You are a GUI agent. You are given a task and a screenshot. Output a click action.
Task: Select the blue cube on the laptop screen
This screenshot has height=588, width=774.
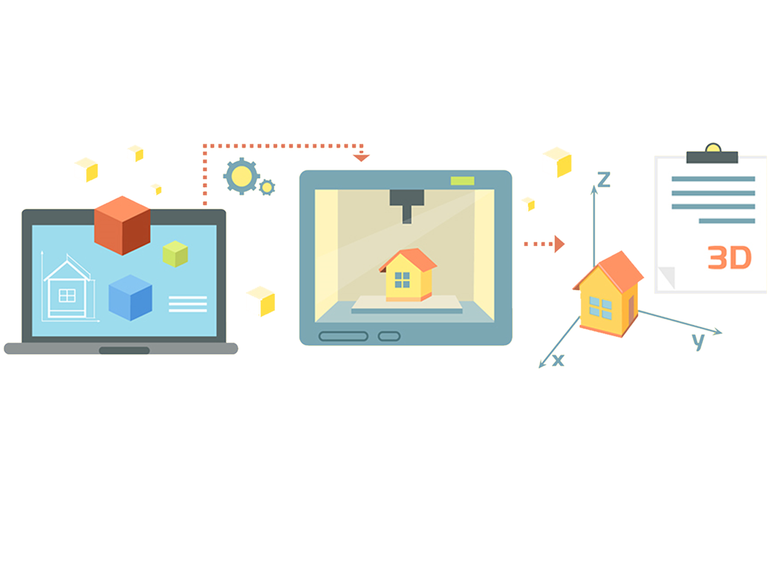click(130, 297)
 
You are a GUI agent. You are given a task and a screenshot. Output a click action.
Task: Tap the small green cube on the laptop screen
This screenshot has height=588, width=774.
click(175, 254)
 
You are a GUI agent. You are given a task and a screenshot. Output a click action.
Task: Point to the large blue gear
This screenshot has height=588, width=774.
click(242, 177)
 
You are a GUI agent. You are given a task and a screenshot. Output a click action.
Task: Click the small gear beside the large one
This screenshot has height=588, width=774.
click(267, 186)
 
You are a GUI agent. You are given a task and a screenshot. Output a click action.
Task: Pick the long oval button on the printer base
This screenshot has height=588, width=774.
click(343, 336)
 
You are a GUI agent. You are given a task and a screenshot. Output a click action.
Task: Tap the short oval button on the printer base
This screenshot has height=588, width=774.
click(389, 336)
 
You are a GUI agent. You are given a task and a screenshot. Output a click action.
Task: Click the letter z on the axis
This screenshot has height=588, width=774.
click(603, 180)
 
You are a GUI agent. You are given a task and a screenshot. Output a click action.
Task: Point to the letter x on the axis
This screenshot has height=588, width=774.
click(558, 360)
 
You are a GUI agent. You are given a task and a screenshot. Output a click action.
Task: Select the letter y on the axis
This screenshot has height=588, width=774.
click(699, 340)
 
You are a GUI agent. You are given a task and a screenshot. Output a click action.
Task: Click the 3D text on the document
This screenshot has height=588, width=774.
click(729, 258)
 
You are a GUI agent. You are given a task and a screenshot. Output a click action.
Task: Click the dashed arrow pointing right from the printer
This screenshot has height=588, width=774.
click(542, 244)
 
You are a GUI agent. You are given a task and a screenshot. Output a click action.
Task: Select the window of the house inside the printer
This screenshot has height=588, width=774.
click(401, 280)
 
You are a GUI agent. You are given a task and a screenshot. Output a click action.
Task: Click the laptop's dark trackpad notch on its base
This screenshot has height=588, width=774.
click(124, 351)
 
